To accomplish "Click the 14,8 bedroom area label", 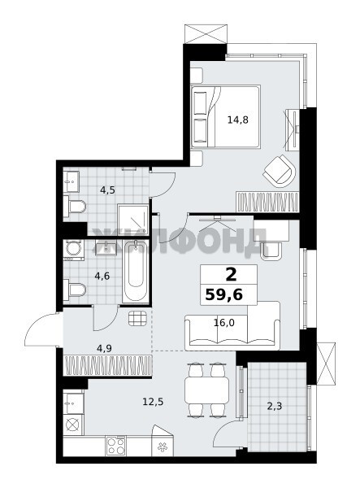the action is tap(238, 120).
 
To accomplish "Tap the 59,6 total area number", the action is tap(223, 294).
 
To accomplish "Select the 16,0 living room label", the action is tap(223, 323).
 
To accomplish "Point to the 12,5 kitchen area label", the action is tap(153, 402).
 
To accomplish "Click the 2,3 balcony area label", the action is tap(275, 406).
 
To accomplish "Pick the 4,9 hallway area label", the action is tap(104, 349).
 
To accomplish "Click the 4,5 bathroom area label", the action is tap(107, 190).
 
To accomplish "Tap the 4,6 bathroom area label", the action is tap(102, 276).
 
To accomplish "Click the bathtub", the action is tap(136, 272).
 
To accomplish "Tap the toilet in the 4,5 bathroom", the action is tap(75, 207).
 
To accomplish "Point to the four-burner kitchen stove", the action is tap(116, 446).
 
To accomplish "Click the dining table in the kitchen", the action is tap(206, 390).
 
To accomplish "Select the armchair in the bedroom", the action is tap(280, 172).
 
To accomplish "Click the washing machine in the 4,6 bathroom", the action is tap(74, 250).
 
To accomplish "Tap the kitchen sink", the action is tap(73, 403).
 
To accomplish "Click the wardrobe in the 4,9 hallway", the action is tap(107, 365).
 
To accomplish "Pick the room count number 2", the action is tap(231, 275).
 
